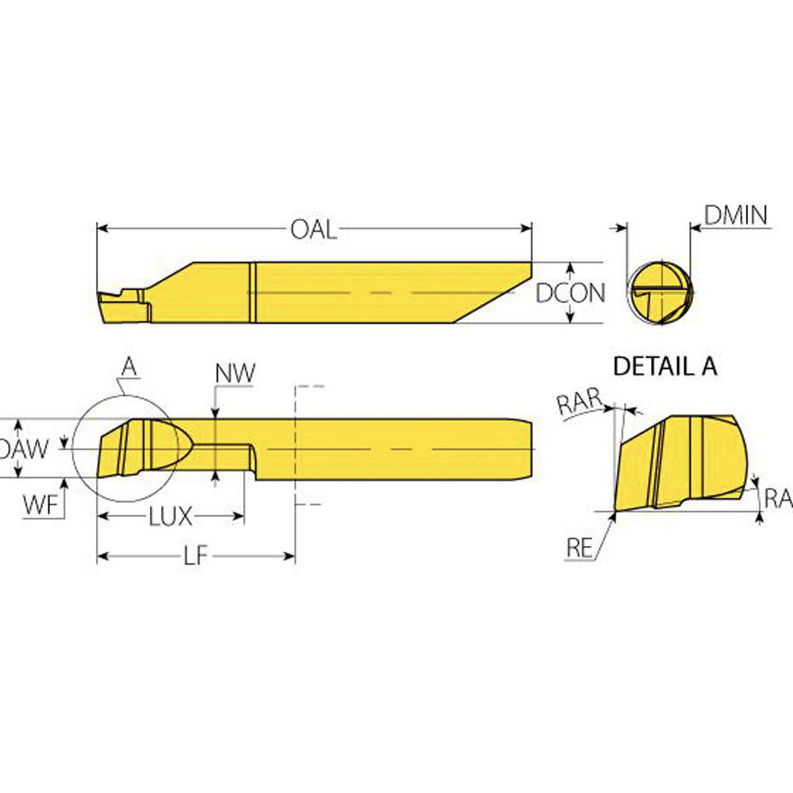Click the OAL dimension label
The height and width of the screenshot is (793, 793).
coord(313,230)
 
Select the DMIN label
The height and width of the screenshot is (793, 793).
coord(737,214)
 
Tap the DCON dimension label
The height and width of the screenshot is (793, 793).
coord(570,293)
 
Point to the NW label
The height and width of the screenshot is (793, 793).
coord(235,374)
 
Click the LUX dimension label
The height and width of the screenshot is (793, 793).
coord(170,517)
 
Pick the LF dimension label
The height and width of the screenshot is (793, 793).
coord(195,556)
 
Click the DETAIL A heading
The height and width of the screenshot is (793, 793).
coord(665,366)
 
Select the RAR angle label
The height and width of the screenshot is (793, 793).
coord(577,404)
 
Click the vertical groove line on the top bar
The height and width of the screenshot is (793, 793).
coord(253,293)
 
